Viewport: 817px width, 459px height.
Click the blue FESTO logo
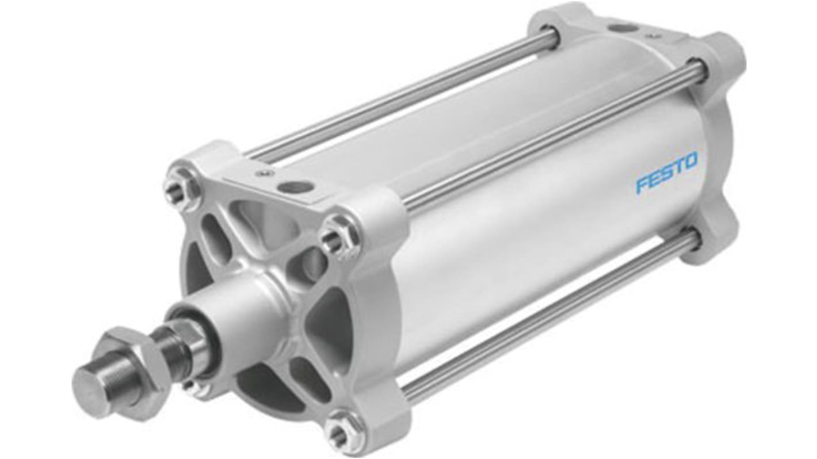pos(666,172)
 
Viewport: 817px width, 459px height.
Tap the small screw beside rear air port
pos(652,36)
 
